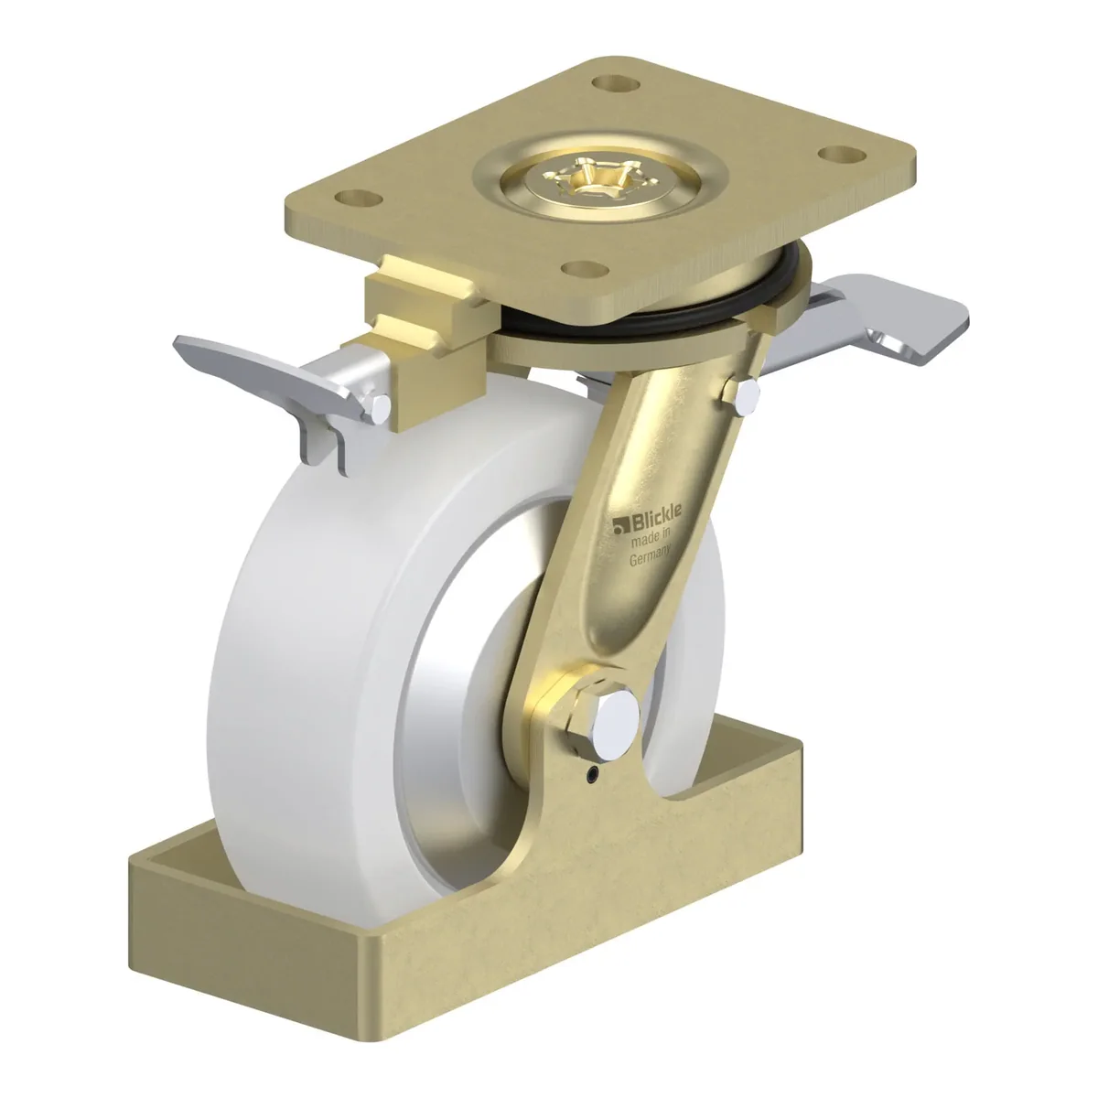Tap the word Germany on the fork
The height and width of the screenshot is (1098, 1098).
point(651,555)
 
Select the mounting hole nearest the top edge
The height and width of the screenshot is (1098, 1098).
point(617,83)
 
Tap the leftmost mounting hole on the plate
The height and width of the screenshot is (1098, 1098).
point(359,199)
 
